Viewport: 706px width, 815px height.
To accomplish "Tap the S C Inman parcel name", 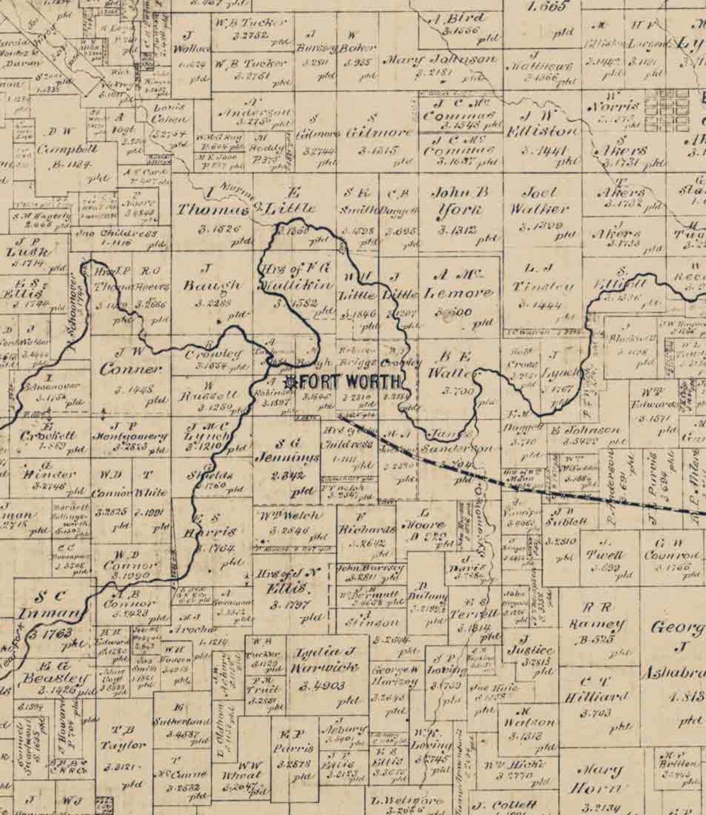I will click(50, 605).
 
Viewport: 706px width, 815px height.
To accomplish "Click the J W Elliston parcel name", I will click(542, 124).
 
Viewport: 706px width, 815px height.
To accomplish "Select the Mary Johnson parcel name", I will click(439, 60).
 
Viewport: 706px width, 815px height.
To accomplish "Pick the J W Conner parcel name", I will click(130, 360).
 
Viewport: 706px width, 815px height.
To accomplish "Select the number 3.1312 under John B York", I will click(456, 230).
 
